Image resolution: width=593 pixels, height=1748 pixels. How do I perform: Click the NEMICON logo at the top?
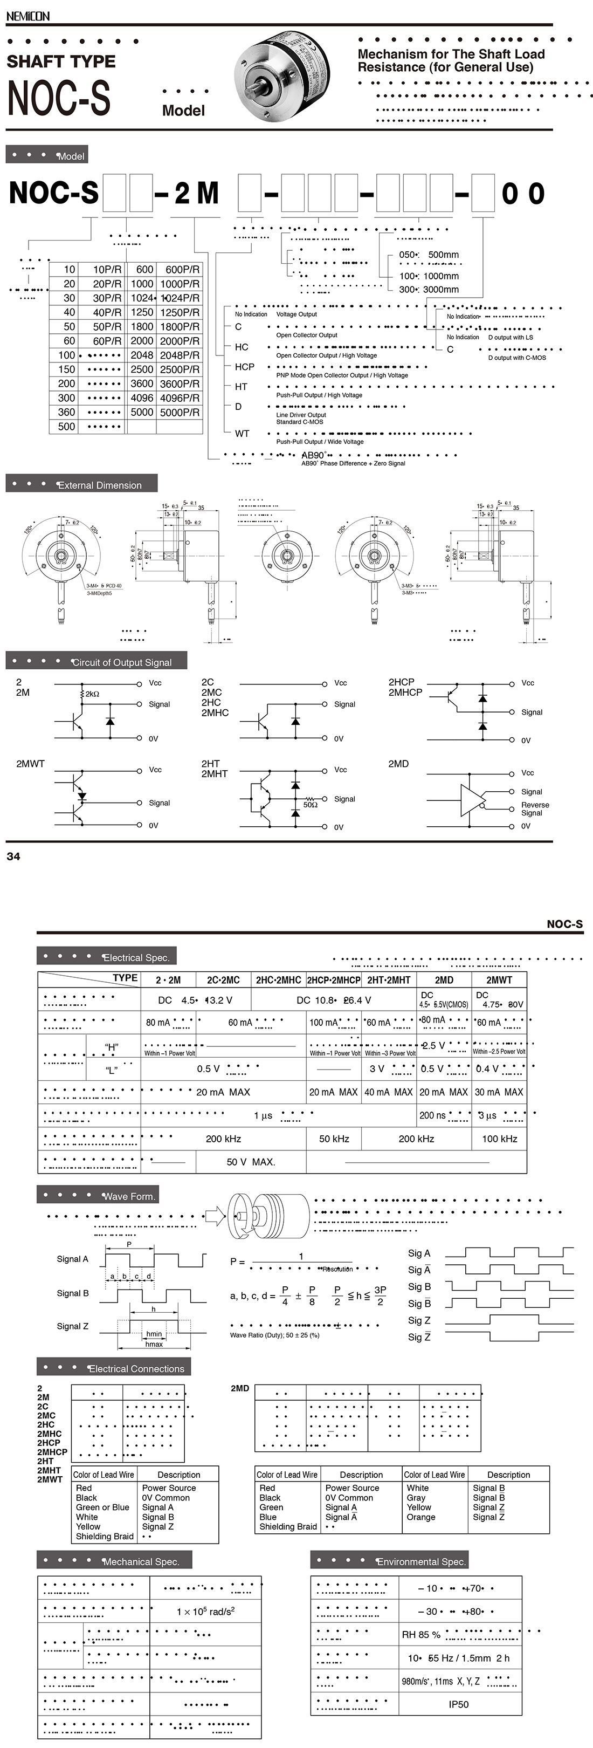[28, 16]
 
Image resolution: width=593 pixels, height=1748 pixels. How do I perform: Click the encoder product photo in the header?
[280, 77]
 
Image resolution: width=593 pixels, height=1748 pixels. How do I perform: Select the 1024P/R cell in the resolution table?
[179, 298]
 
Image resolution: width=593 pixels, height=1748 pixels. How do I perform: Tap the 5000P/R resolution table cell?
[179, 412]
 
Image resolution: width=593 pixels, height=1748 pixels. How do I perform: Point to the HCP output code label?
[244, 366]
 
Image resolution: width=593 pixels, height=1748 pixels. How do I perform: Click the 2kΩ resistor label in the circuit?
[92, 694]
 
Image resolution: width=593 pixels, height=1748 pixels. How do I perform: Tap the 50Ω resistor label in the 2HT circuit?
[310, 805]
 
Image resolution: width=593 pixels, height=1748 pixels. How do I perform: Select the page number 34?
[13, 856]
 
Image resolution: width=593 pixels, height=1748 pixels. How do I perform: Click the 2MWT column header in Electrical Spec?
[499, 980]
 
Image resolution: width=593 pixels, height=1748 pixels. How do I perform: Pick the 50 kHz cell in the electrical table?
[334, 1139]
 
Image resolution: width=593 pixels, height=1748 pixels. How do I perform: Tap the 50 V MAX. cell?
[250, 1162]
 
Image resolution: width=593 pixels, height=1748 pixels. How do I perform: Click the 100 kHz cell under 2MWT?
[499, 1139]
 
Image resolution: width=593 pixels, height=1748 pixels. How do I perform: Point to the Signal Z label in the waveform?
[73, 1326]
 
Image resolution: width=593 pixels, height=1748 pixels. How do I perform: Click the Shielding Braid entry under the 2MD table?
[288, 1527]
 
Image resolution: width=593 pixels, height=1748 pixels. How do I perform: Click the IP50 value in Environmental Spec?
[458, 1704]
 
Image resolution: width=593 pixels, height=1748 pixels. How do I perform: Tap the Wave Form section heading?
[128, 1196]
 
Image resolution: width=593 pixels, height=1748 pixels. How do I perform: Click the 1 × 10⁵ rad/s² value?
[205, 1612]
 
